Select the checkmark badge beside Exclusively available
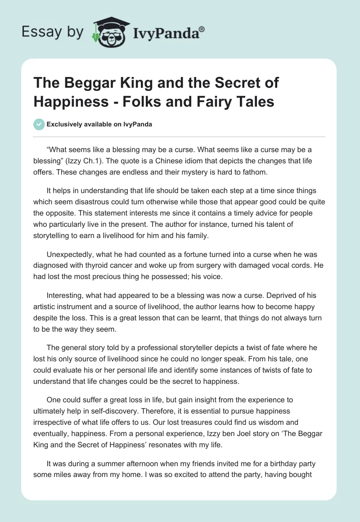pos(39,125)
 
